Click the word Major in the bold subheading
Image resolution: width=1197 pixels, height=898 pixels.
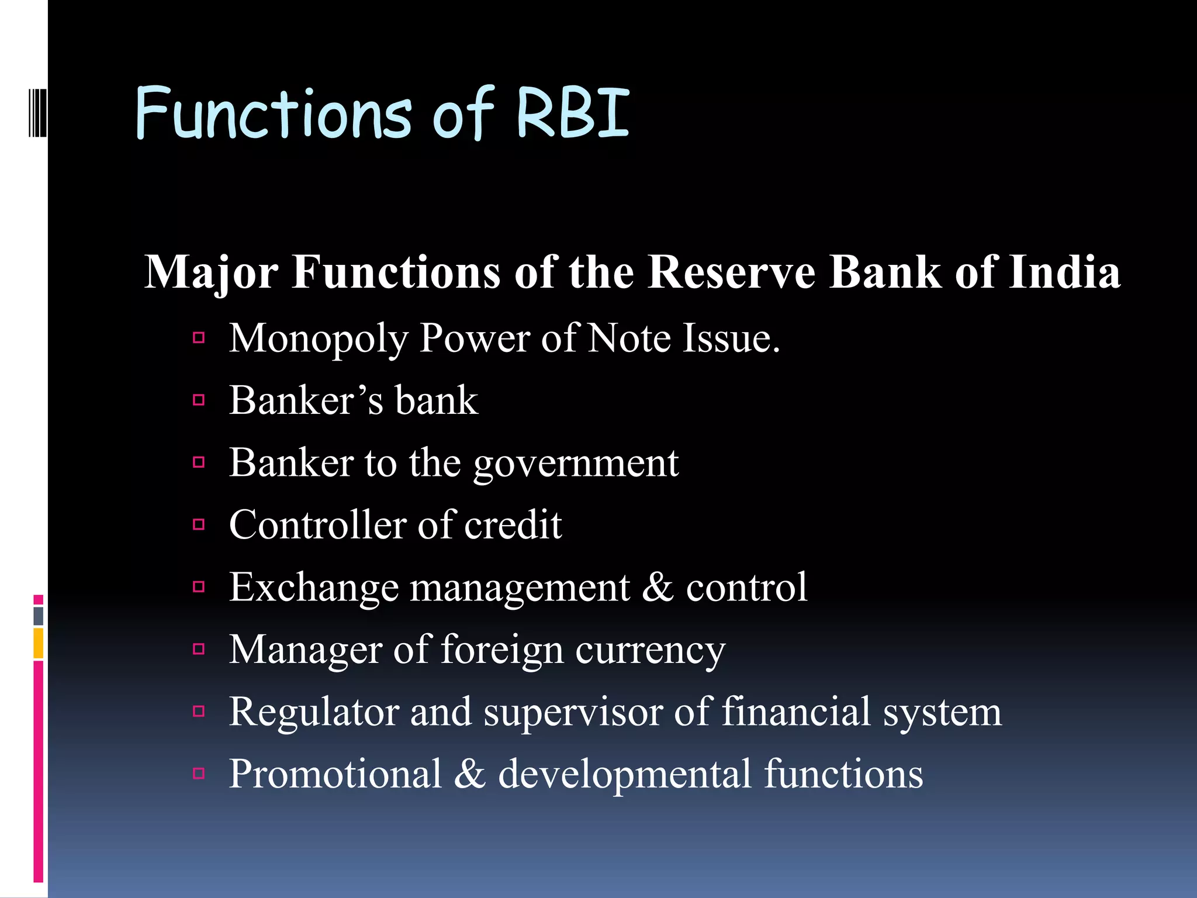tap(211, 272)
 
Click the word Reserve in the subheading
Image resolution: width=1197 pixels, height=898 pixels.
tap(731, 272)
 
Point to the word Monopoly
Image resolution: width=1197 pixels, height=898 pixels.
tap(318, 340)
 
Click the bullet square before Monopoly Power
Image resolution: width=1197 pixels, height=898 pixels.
tap(199, 337)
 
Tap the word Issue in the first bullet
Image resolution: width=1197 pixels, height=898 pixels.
tap(731, 339)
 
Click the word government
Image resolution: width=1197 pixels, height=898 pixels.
tap(576, 464)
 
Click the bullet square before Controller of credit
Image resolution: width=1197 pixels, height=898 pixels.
tap(199, 524)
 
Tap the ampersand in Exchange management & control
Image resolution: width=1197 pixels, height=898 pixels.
tap(658, 587)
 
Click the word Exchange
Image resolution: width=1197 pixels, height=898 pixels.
tap(313, 587)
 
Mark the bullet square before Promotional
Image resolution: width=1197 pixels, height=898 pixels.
tap(199, 773)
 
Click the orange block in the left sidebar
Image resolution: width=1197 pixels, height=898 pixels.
tap(38, 643)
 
